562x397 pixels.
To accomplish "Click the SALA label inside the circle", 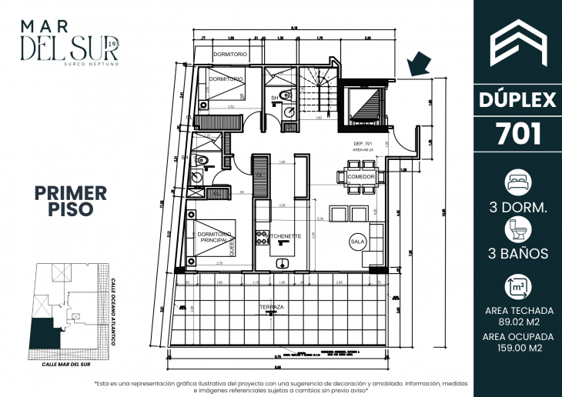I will pos(358,240).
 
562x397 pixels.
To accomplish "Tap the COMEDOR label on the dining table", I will pos(360,177).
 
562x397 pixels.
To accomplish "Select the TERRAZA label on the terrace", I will pos(271,307).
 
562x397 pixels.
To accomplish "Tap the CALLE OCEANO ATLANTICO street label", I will pos(112,312).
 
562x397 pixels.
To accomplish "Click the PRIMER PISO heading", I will pos(70,200).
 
